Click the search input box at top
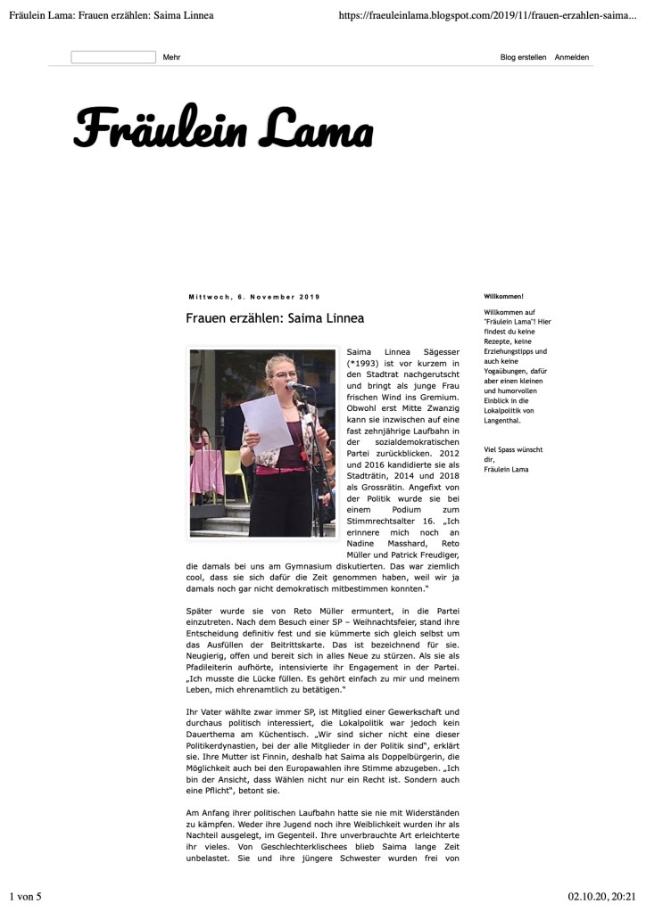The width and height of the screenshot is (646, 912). pyautogui.click(x=113, y=57)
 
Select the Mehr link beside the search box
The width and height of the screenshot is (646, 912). pyautogui.click(x=171, y=57)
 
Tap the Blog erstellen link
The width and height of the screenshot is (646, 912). pyautogui.click(x=523, y=57)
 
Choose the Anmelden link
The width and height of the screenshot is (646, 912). pyautogui.click(x=571, y=57)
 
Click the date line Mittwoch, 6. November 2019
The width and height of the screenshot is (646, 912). pyautogui.click(x=254, y=297)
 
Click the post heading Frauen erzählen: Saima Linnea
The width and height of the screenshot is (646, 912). pyautogui.click(x=275, y=318)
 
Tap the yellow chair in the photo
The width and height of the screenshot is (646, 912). pyautogui.click(x=234, y=465)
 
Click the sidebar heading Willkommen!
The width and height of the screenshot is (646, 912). pyautogui.click(x=503, y=296)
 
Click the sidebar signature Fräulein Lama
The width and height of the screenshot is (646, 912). pyautogui.click(x=506, y=469)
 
